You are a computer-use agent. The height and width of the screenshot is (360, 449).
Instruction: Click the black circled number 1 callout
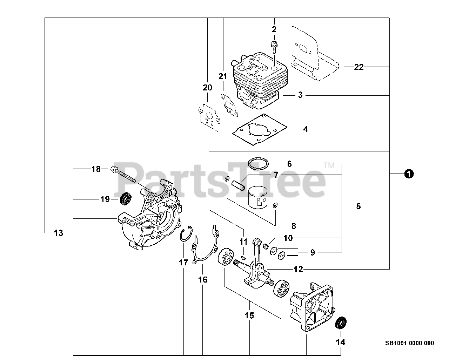coord(408,173)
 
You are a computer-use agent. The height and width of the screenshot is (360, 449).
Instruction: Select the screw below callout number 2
coord(274,47)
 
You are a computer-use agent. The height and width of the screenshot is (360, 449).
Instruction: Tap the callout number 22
coord(358,67)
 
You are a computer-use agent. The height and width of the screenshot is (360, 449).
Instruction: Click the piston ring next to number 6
coord(258,163)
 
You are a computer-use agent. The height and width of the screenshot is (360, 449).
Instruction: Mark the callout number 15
coord(249,315)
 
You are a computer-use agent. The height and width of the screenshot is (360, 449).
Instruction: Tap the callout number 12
coord(298,269)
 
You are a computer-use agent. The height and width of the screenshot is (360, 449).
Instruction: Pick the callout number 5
coord(358,206)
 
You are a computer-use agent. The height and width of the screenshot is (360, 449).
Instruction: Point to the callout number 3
coord(300,95)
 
